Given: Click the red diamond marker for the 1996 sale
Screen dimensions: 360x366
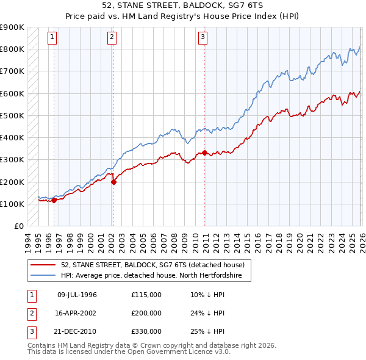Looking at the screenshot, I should pyautogui.click(x=54, y=200).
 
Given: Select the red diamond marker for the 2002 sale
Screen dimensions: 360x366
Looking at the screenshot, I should pyautogui.click(x=113, y=181).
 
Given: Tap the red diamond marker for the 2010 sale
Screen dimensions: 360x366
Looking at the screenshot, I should pyautogui.click(x=204, y=153).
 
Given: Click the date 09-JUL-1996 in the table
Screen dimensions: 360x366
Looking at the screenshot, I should pyautogui.click(x=77, y=295).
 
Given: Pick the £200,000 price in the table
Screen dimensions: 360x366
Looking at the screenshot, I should pyautogui.click(x=146, y=312).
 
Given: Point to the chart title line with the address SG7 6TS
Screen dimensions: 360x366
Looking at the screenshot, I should pyautogui.click(x=182, y=6).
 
